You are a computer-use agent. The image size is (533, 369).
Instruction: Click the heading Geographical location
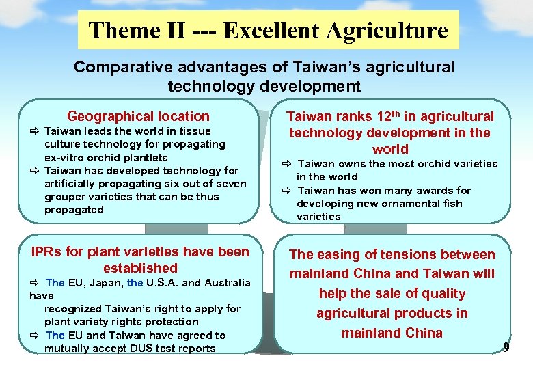pos(138,117)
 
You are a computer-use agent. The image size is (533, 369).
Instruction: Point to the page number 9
pos(506,348)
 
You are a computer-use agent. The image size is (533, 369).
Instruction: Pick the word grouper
pos(64,197)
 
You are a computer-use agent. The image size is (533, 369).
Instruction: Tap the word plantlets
pos(143,158)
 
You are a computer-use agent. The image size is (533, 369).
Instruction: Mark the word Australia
pos(225,283)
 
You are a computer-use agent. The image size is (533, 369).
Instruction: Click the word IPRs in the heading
pos(47,252)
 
